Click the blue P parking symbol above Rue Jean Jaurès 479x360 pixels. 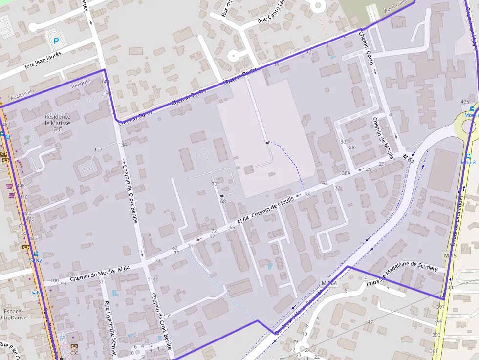click(x=56, y=42)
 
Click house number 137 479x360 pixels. click(x=98, y=149)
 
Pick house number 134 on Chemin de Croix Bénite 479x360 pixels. click(x=122, y=145)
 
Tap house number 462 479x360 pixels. click(x=6, y=125)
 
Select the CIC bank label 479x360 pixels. click(x=74, y=352)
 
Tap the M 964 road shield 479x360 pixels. click(x=329, y=283)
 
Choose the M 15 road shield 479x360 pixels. click(x=450, y=255)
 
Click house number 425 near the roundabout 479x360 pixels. click(x=465, y=102)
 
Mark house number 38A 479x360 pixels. click(x=346, y=173)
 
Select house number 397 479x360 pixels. click(x=440, y=307)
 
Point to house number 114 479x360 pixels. click(x=152, y=279)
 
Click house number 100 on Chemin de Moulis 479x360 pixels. click(x=54, y=281)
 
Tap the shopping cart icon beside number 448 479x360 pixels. click(x=9, y=186)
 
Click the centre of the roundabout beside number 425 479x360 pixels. click(x=468, y=126)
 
